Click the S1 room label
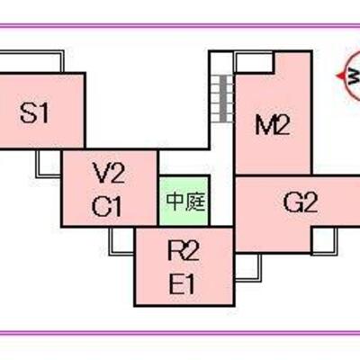[34, 112]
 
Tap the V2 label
[109, 173]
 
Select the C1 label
[107, 206]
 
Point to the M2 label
[273, 125]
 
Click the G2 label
[300, 202]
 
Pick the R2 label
[184, 250]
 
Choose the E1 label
[182, 283]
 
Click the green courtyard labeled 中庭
[184, 201]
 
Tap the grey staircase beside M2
[223, 98]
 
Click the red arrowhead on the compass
[340, 76]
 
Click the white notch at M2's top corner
[254, 62]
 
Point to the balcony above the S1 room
[31, 61]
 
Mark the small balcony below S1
[49, 164]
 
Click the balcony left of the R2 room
[121, 241]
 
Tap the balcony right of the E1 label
[247, 267]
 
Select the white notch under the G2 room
[325, 240]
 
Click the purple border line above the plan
[180, 26]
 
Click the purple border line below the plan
[180, 333]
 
